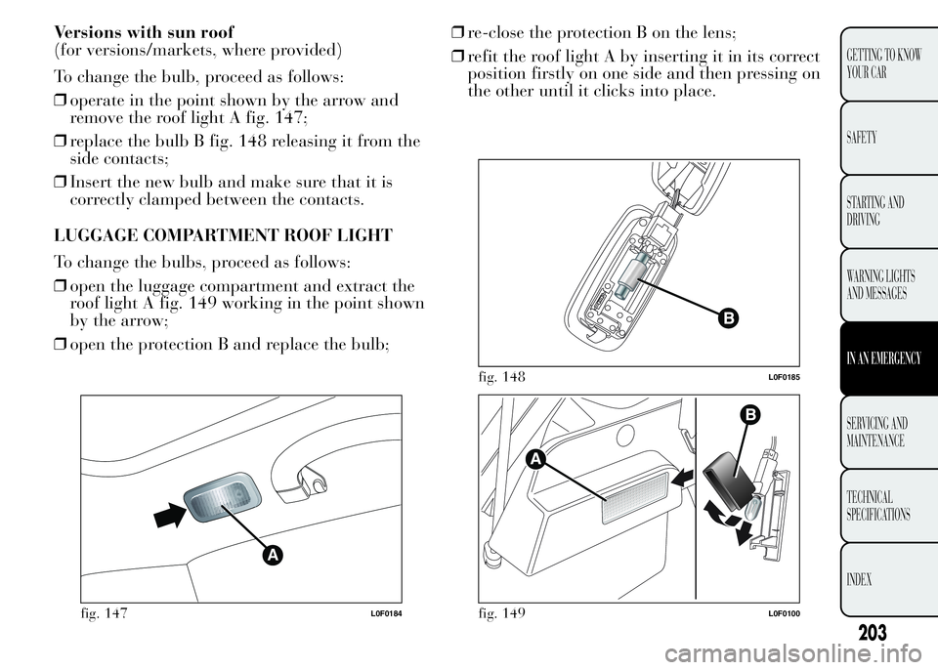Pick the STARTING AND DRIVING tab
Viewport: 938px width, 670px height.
(x=875, y=211)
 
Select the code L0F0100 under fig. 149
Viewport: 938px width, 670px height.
(x=784, y=613)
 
